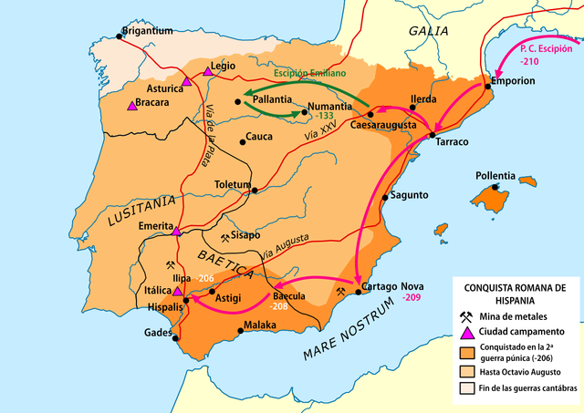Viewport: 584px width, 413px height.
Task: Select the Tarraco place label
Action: [x=453, y=143]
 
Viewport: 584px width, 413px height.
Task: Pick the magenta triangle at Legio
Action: [x=208, y=70]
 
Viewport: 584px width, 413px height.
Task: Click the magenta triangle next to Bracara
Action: [x=132, y=106]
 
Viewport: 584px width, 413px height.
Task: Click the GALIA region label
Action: [x=428, y=31]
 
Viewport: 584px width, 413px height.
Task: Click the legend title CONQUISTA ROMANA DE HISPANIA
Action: [x=515, y=293]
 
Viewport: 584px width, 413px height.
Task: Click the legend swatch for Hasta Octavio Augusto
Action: [x=466, y=372]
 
